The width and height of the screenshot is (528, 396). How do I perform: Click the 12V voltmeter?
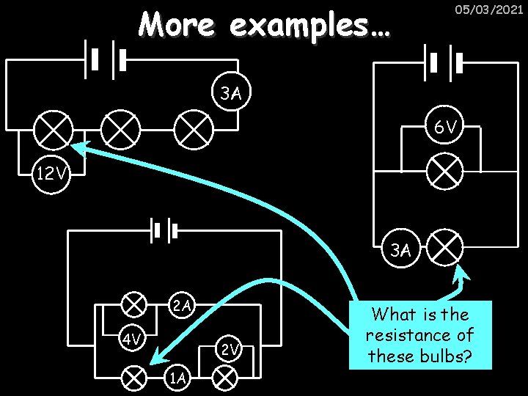pyautogui.click(x=51, y=175)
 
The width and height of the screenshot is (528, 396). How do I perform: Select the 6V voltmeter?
pyautogui.click(x=445, y=128)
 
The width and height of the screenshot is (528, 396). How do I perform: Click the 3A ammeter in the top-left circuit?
pyautogui.click(x=232, y=93)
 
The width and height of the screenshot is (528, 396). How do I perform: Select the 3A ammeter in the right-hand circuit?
pyautogui.click(x=400, y=249)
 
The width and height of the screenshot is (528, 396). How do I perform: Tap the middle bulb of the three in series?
pyautogui.click(x=120, y=131)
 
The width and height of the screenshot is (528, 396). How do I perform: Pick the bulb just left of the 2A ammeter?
pyautogui.click(x=133, y=303)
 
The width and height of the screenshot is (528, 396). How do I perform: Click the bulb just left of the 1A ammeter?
pyautogui.click(x=133, y=377)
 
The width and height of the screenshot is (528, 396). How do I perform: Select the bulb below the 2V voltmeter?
pyautogui.click(x=224, y=377)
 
